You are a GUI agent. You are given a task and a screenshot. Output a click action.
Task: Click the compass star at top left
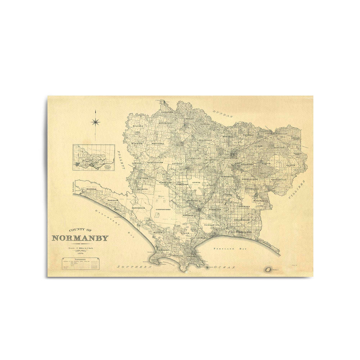click(x=95, y=121)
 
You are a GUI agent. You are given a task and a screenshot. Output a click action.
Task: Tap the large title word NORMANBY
click(x=80, y=238)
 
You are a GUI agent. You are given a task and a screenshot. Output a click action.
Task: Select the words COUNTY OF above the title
click(x=80, y=230)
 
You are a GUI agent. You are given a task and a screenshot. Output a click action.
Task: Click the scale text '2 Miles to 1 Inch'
click(x=80, y=248)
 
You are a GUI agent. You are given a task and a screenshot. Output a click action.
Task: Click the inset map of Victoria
click(x=94, y=158)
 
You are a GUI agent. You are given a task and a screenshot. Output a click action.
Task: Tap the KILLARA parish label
click(x=134, y=127)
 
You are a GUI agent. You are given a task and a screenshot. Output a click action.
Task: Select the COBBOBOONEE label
click(x=163, y=210)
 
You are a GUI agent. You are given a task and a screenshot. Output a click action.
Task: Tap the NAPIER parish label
click(x=291, y=165)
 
